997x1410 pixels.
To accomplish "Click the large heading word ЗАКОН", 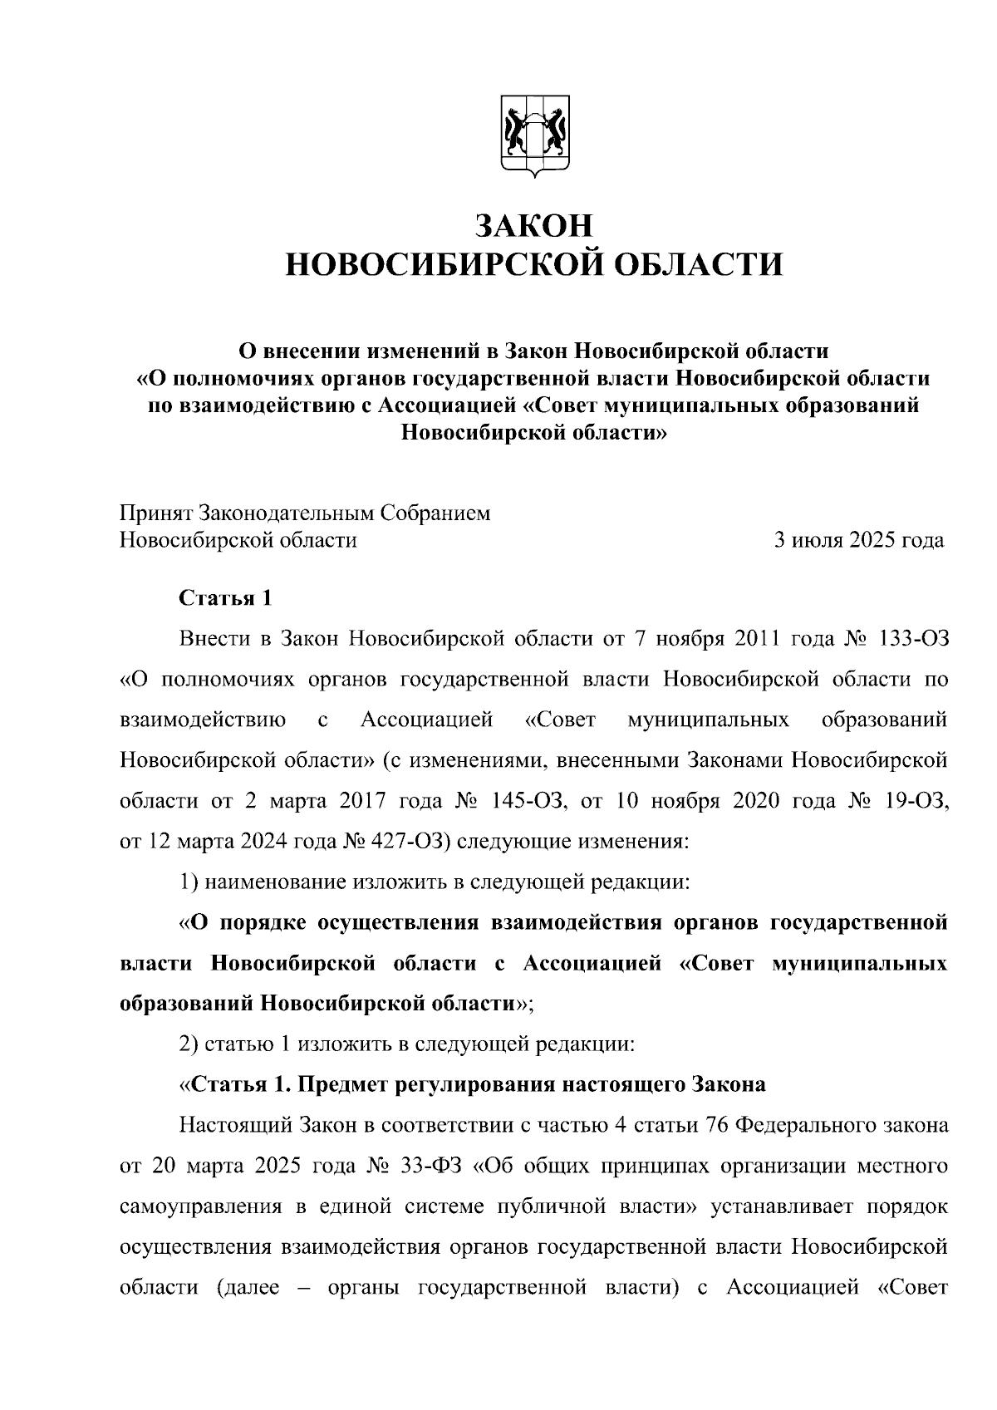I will pyautogui.click(x=533, y=225).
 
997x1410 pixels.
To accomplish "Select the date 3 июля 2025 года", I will pyautogui.click(x=859, y=540).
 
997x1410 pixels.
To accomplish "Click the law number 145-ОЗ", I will pyautogui.click(x=528, y=801).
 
